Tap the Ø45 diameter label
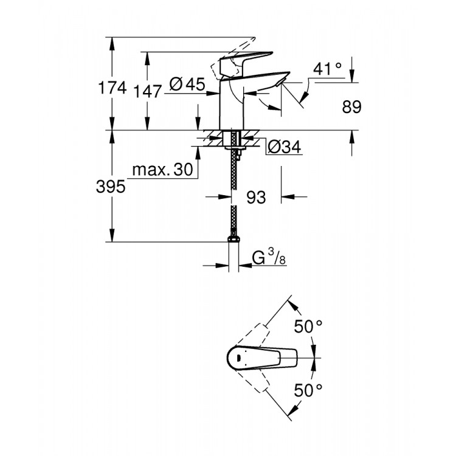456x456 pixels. point(187,85)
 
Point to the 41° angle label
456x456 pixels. point(328,70)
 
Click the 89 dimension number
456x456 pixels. point(352,108)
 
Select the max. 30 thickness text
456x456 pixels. point(162,171)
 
